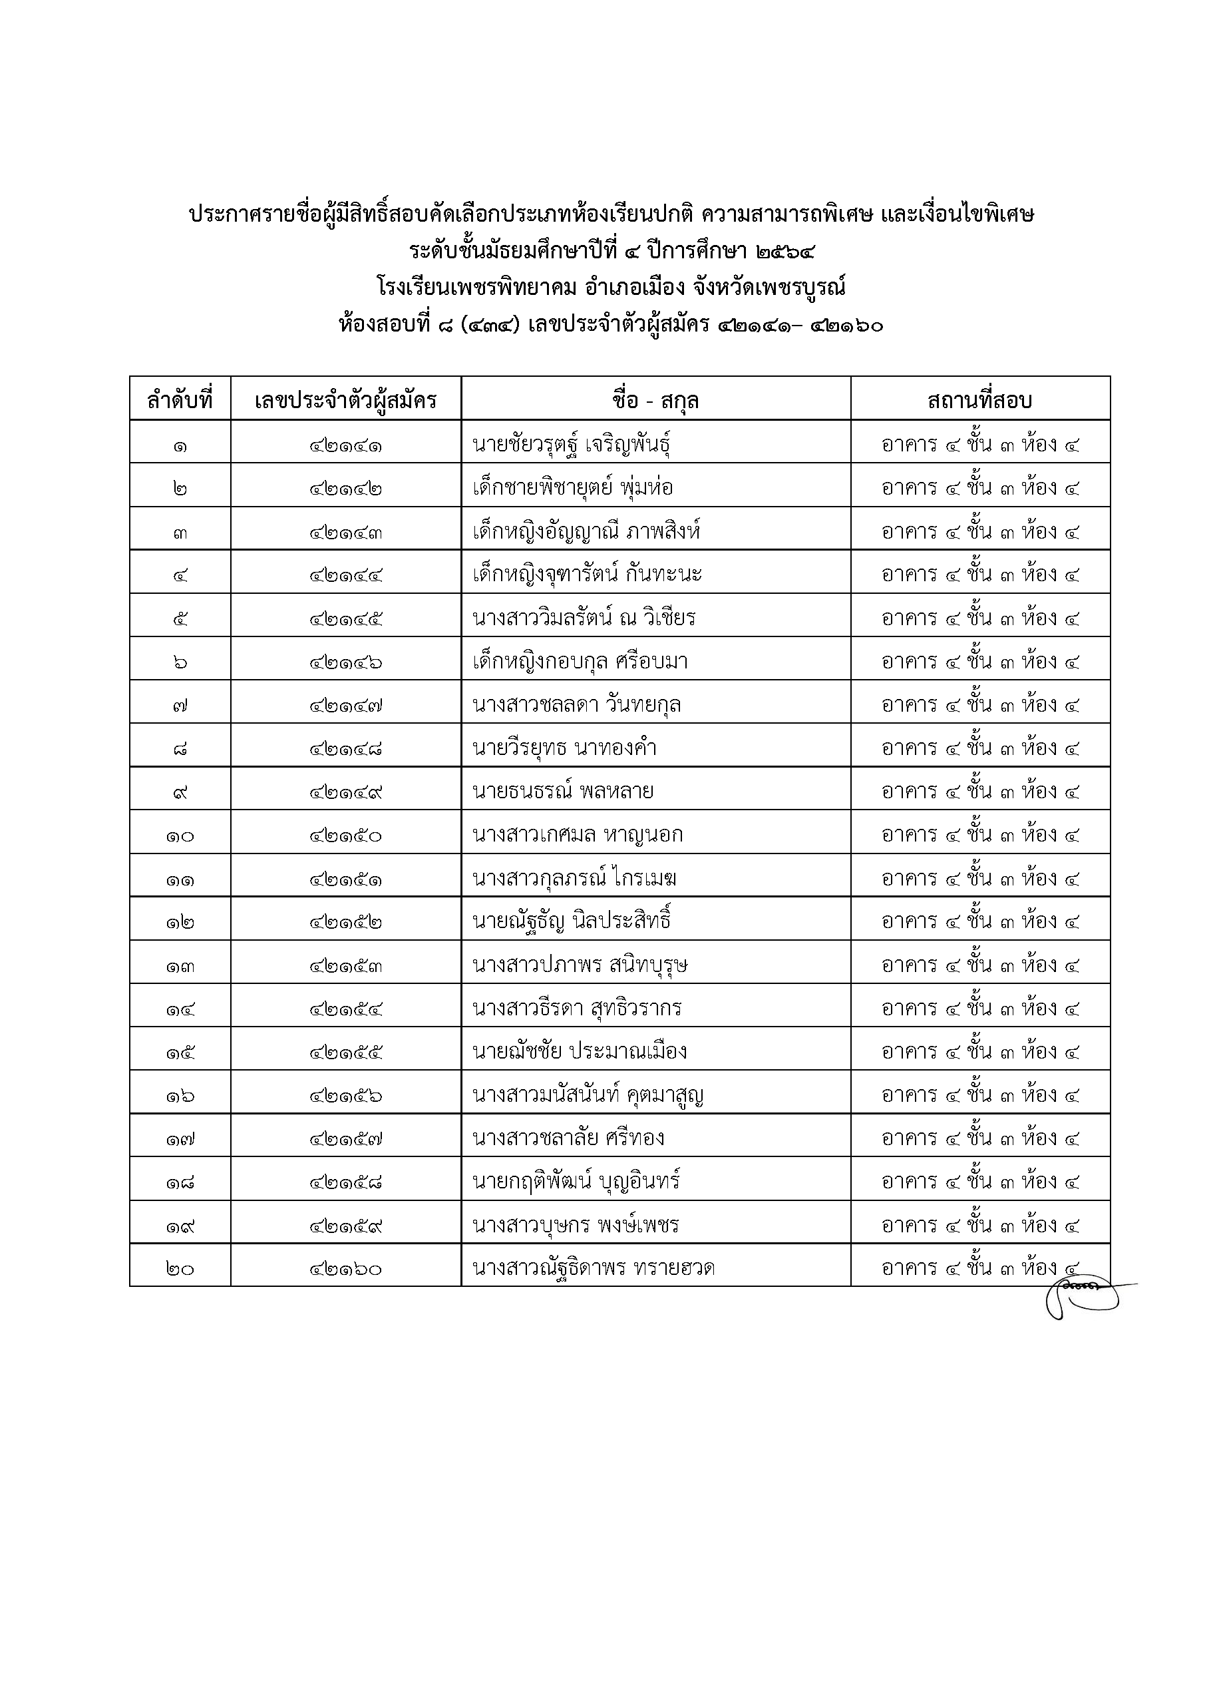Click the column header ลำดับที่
point(180,401)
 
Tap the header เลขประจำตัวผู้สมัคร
point(345,401)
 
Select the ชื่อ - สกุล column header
point(655,401)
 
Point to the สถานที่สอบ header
point(980,401)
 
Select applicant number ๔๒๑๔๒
point(346,489)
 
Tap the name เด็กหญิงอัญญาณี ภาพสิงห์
point(586,532)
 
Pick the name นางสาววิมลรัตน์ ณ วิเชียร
point(584,618)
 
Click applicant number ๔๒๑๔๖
point(346,662)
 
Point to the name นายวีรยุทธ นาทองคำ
point(564,748)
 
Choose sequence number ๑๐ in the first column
point(180,836)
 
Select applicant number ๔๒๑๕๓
point(346,966)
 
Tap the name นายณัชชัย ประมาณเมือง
point(580,1052)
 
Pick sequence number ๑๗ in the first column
point(180,1139)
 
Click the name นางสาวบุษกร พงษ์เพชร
point(576,1225)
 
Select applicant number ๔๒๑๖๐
point(346,1269)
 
